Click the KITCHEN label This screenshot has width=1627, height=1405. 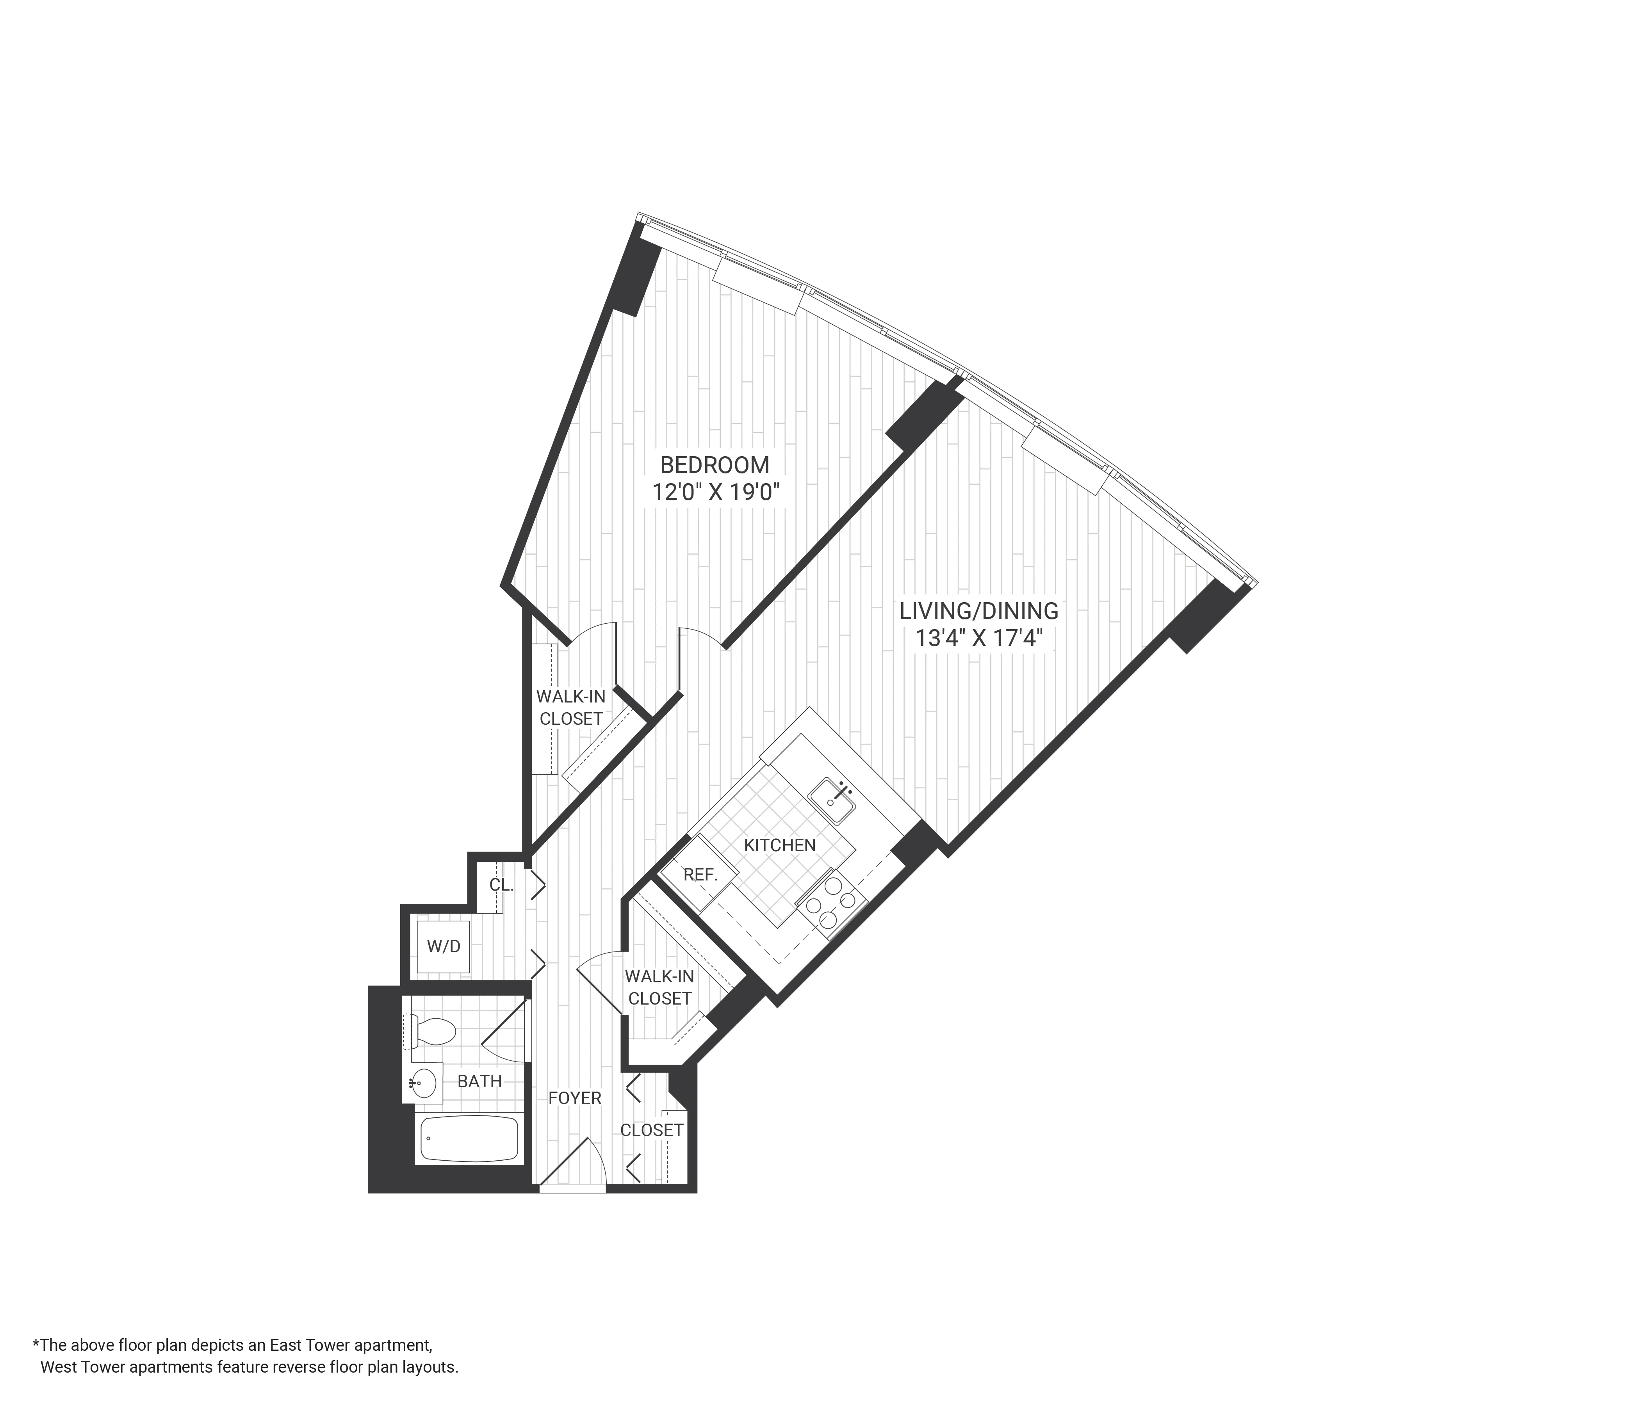780,845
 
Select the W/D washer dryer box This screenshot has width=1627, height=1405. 444,946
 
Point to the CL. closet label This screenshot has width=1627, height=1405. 501,886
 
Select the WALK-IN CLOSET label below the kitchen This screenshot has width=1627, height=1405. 659,987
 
